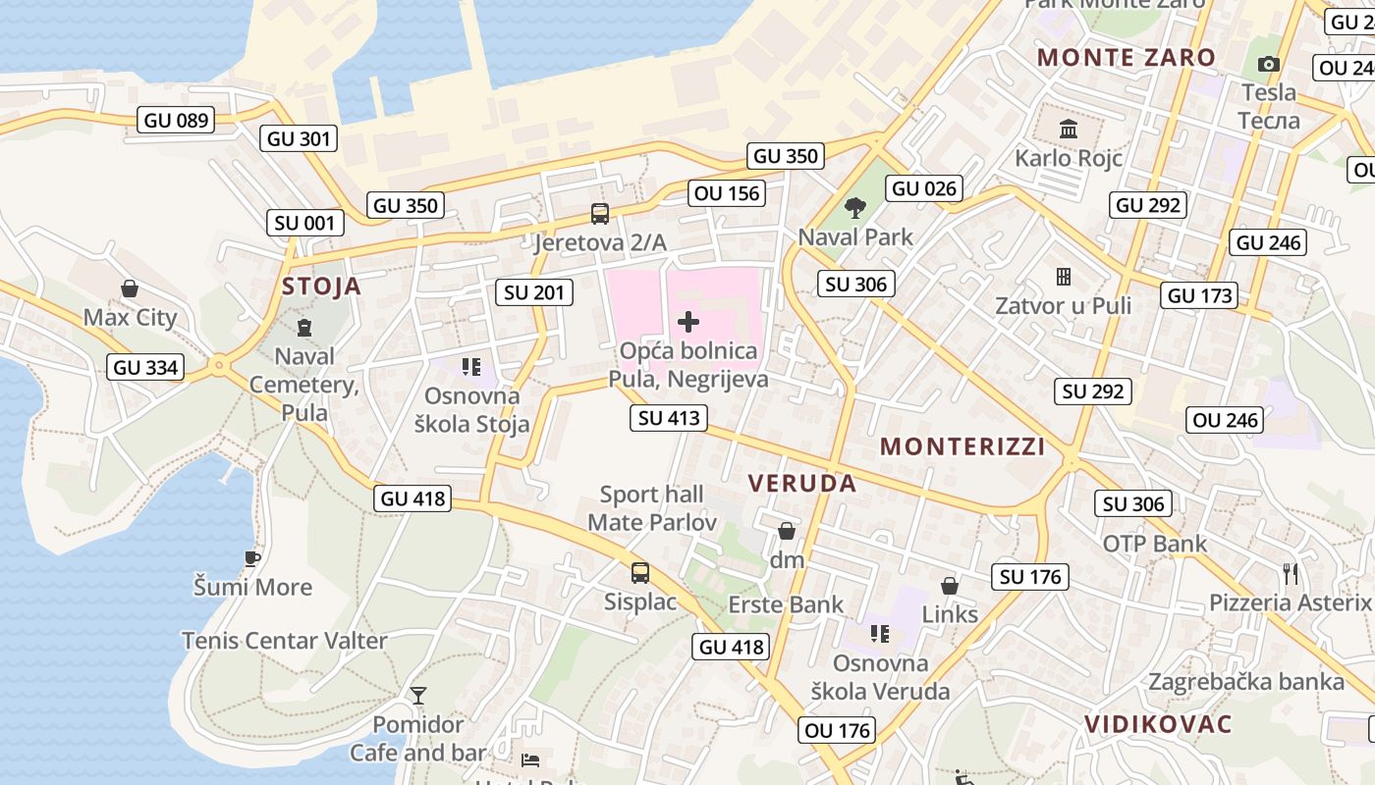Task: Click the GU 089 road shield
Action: click(x=177, y=121)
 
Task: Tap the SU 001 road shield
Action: click(x=305, y=223)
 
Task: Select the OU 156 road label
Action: click(x=728, y=193)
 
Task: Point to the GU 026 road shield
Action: click(x=924, y=188)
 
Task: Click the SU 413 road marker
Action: click(x=669, y=418)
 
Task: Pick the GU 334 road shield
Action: click(x=146, y=367)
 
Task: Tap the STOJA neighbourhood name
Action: click(x=321, y=287)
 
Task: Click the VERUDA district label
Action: click(x=802, y=483)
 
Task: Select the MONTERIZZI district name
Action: click(x=962, y=446)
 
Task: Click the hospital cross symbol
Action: click(x=688, y=321)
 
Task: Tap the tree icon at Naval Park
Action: click(x=855, y=208)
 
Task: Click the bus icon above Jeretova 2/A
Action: click(x=599, y=213)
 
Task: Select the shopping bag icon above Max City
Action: click(x=129, y=288)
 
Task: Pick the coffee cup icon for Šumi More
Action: click(x=252, y=558)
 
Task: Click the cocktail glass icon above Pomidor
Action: click(x=418, y=696)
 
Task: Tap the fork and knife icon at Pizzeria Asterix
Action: click(x=1291, y=573)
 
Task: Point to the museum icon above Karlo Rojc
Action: click(x=1069, y=129)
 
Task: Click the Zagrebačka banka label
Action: click(x=1246, y=681)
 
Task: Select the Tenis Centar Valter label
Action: click(x=285, y=641)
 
